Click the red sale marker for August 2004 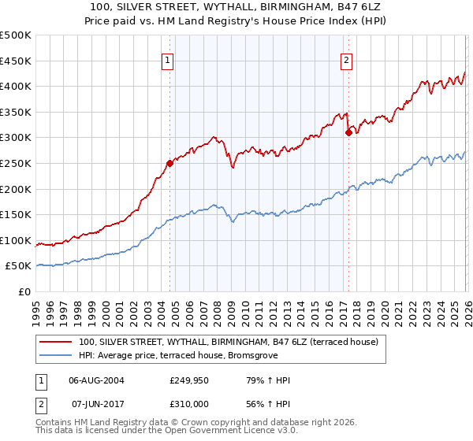(x=169, y=164)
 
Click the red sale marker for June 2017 (x=348, y=133)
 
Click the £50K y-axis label (x=19, y=266)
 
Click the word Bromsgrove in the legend (x=254, y=355)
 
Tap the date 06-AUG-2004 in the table (x=97, y=380)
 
